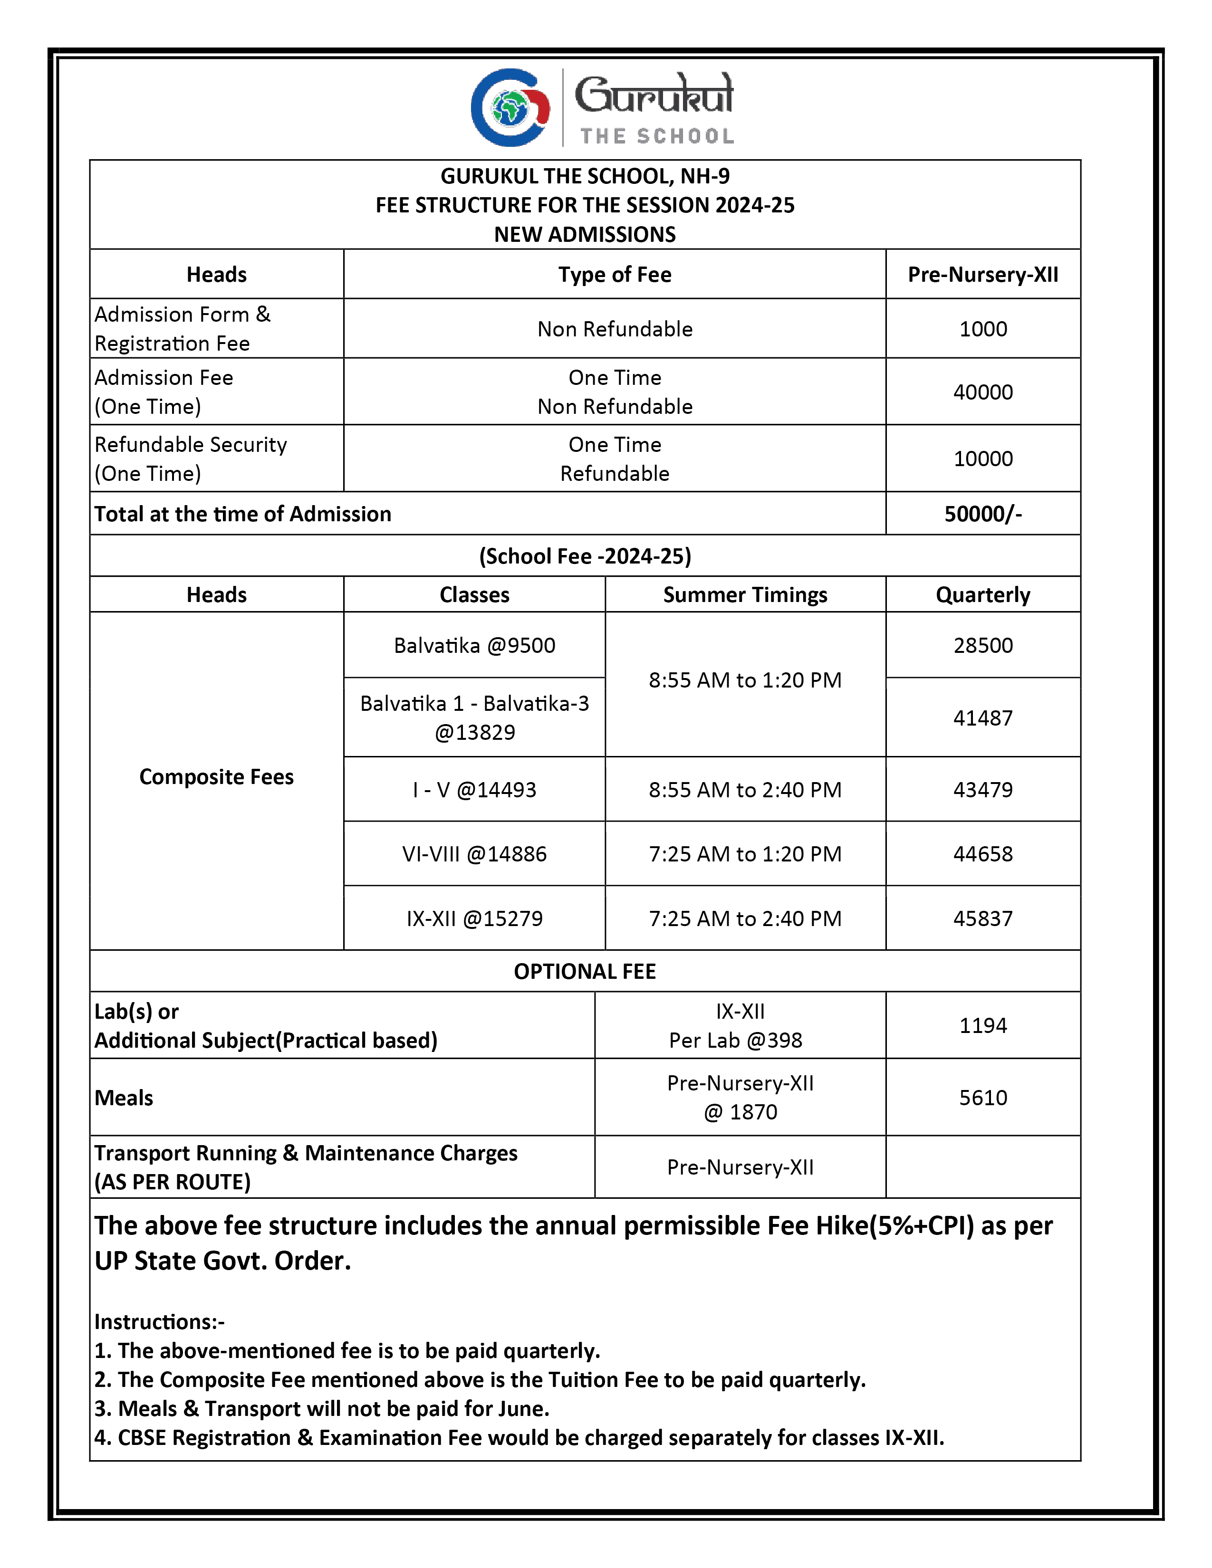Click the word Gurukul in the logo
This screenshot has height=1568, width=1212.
tap(654, 95)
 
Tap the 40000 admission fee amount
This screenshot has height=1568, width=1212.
tap(982, 392)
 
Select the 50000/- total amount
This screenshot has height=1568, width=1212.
tap(982, 514)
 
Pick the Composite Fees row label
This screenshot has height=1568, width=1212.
tap(216, 777)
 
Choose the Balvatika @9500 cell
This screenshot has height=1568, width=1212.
tap(474, 645)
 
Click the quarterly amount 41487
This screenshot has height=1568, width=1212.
tap(982, 718)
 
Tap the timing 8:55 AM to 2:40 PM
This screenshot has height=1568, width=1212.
tap(745, 790)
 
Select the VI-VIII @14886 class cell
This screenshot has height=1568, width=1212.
tap(474, 854)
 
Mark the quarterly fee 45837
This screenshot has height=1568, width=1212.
tap(982, 918)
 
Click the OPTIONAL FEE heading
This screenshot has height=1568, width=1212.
tap(585, 971)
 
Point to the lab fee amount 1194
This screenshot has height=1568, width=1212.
tap(982, 1025)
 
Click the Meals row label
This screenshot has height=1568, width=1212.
tap(124, 1098)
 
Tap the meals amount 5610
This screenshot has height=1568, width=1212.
tap(982, 1098)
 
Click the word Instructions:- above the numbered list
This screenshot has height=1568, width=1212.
tap(159, 1322)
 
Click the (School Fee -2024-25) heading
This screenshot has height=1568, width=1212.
tap(585, 556)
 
